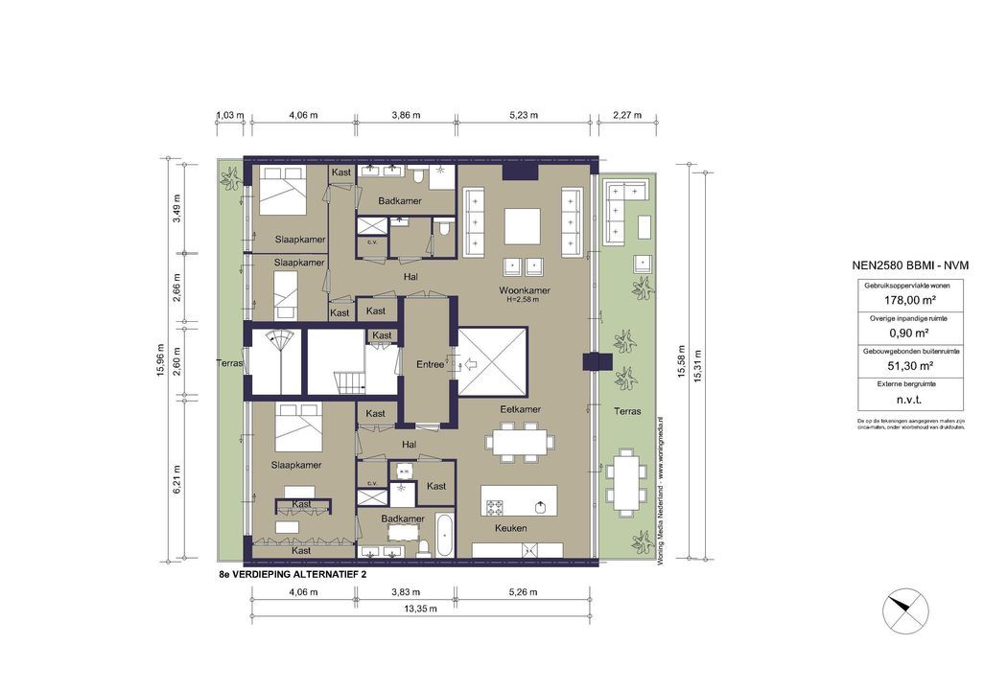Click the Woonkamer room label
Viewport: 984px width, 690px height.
tap(523, 290)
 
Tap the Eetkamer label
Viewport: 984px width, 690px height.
tap(520, 409)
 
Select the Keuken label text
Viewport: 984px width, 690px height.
tap(509, 528)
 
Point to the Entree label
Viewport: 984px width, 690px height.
tap(430, 364)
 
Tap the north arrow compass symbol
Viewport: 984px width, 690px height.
tap(905, 607)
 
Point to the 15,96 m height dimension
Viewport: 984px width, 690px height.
tap(160, 361)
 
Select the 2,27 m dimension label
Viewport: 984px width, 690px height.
tap(626, 115)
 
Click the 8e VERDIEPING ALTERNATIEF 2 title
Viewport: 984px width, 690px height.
tap(293, 576)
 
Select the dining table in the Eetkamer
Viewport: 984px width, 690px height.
tap(519, 442)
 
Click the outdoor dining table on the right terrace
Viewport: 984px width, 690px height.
tap(625, 480)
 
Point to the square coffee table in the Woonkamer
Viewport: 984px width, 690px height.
tap(523, 227)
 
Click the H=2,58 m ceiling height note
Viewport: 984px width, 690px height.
tap(523, 301)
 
